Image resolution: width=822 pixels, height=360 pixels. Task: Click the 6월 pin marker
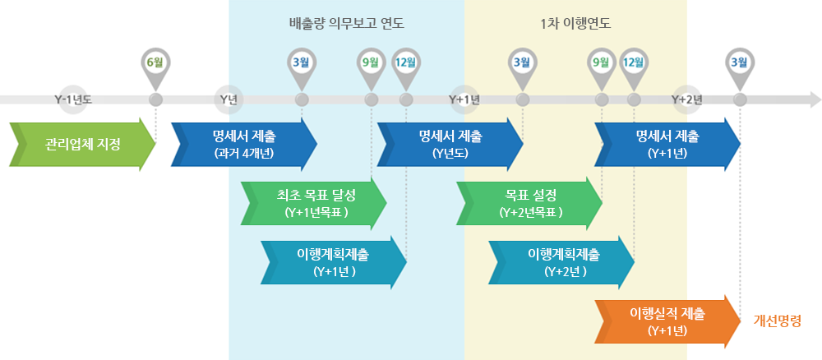[x=155, y=65]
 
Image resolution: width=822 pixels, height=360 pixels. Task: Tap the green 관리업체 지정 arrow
[x=82, y=144]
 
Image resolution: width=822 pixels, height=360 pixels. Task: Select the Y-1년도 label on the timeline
[x=73, y=99]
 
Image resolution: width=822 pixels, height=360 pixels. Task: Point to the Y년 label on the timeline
[x=229, y=99]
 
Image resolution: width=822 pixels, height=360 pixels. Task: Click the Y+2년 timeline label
[x=686, y=99]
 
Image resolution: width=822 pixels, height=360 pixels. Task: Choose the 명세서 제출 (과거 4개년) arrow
[x=244, y=144]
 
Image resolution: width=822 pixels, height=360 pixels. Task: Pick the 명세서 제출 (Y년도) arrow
[x=450, y=144]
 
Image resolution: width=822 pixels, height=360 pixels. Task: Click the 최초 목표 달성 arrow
[x=313, y=203]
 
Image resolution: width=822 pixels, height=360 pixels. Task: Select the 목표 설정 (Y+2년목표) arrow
[x=529, y=203]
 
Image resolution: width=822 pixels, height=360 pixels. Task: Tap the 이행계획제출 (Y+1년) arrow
[x=334, y=262]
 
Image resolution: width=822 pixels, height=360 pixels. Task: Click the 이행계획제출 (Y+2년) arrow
[x=561, y=262]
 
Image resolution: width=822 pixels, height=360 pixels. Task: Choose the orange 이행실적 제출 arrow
[x=667, y=321]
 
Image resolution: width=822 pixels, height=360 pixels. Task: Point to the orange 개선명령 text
[x=778, y=321]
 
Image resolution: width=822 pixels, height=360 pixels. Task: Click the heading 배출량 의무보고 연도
[x=347, y=24]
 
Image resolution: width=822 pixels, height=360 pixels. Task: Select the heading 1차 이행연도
[x=575, y=24]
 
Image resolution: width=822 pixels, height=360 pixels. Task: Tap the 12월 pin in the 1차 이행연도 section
[x=633, y=65]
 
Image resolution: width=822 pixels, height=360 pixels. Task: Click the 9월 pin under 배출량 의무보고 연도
[x=371, y=65]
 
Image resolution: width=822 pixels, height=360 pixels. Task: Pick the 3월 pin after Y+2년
[x=740, y=65]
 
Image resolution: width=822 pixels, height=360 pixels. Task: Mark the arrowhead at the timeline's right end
[x=815, y=99]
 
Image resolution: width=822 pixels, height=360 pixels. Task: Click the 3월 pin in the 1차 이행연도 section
[x=522, y=65]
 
